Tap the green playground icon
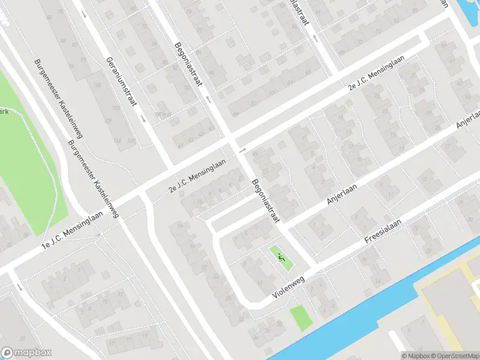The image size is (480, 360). (280, 257)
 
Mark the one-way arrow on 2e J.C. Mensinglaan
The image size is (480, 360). (242, 149)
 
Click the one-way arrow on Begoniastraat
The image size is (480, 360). (208, 99)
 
